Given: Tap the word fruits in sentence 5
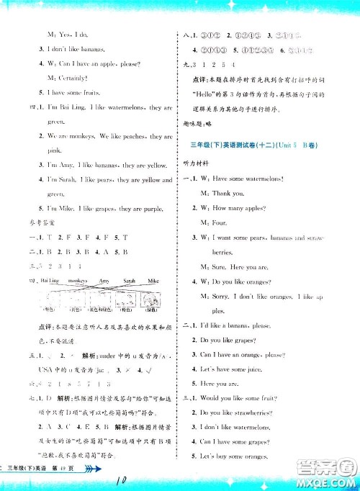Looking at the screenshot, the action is coord(84,93).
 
